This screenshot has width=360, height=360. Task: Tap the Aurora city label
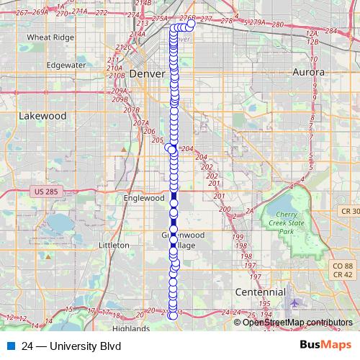click(309, 72)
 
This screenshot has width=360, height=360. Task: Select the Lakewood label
click(42, 115)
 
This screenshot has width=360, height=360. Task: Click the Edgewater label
click(66, 64)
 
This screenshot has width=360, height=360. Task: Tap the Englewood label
click(145, 198)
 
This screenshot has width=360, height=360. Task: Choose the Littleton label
click(113, 245)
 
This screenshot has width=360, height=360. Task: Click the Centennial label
click(261, 292)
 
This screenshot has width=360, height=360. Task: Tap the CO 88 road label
click(342, 266)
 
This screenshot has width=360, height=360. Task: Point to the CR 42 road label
click(342, 275)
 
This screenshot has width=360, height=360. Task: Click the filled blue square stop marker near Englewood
click(174, 196)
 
